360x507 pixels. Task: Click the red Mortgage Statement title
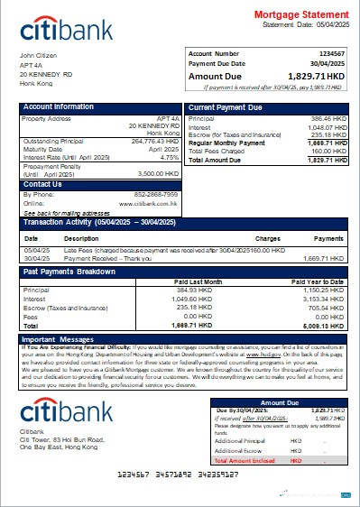300,15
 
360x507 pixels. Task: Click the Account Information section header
59,107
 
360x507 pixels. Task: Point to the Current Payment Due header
226,107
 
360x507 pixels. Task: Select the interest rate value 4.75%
170,157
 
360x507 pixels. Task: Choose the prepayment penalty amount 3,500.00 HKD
159,173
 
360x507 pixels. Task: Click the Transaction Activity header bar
180,221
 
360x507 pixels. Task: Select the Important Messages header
60,338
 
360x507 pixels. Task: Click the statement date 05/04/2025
327,24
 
